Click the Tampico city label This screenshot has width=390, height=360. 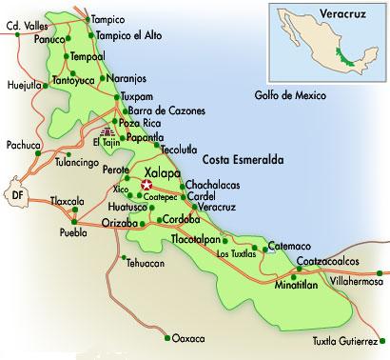point(112,19)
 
